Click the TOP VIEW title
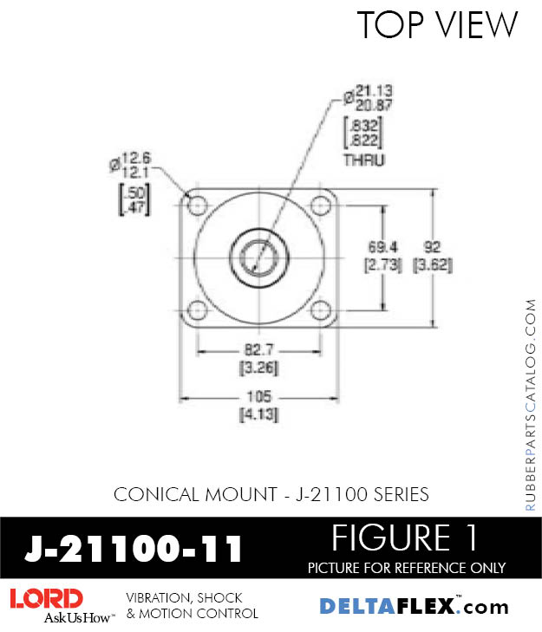pos(437,25)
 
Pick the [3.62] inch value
pos(433,265)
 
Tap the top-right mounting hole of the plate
pos(323,206)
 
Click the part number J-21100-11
pos(134,548)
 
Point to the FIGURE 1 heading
pos(406,538)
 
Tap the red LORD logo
pos(46,598)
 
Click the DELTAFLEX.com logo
pos(415,606)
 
